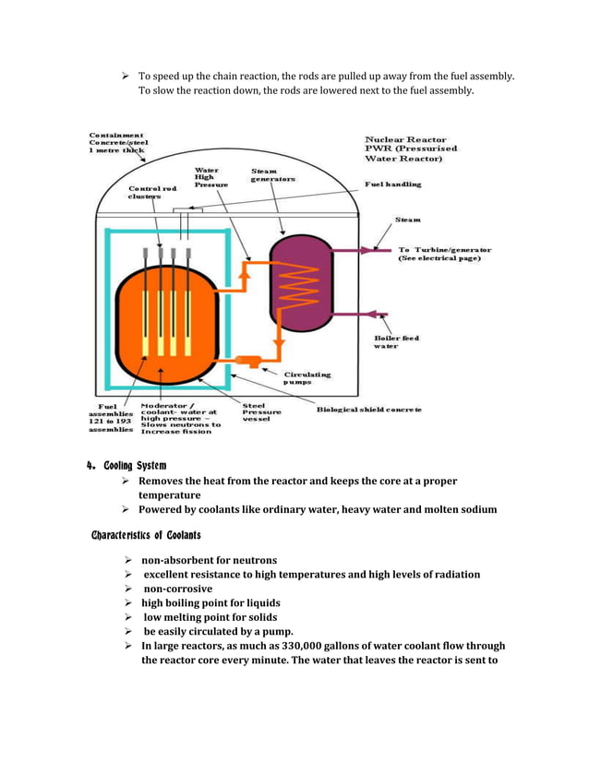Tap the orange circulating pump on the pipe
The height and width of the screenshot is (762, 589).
(247, 361)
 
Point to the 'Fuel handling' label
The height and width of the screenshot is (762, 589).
(392, 185)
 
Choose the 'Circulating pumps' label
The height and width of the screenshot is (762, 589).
(309, 378)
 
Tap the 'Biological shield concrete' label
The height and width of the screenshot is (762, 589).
(369, 409)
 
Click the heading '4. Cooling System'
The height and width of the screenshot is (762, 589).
(126, 465)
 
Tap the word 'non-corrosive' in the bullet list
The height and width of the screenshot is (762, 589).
(177, 589)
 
